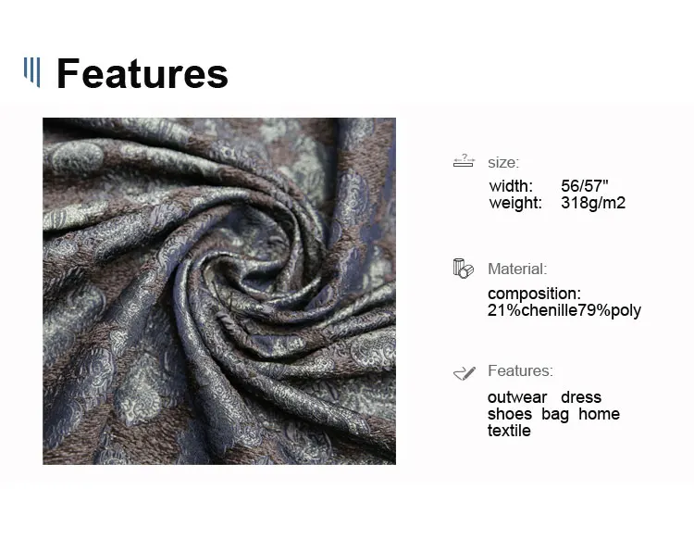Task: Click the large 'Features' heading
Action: pyautogui.click(x=143, y=73)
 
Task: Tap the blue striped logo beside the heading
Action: pyautogui.click(x=31, y=72)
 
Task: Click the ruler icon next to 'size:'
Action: pyautogui.click(x=464, y=160)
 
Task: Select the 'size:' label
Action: pyautogui.click(x=503, y=163)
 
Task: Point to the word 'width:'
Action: pyautogui.click(x=511, y=185)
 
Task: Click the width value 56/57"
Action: pyautogui.click(x=585, y=185)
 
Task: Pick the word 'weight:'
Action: pyautogui.click(x=515, y=204)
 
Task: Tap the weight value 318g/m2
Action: pyautogui.click(x=593, y=203)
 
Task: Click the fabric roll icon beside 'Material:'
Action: pyautogui.click(x=463, y=269)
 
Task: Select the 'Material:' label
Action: pyautogui.click(x=517, y=269)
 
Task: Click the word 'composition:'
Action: pyautogui.click(x=534, y=294)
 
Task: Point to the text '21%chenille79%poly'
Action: pyautogui.click(x=564, y=310)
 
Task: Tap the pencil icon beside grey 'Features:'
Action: pyautogui.click(x=465, y=373)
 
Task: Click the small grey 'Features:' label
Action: pyautogui.click(x=520, y=370)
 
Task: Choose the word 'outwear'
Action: pyautogui.click(x=517, y=397)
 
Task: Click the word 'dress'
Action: pyautogui.click(x=581, y=397)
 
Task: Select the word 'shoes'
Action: pyautogui.click(x=510, y=414)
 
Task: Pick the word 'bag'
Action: pyautogui.click(x=555, y=415)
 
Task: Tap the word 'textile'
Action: pyautogui.click(x=509, y=431)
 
